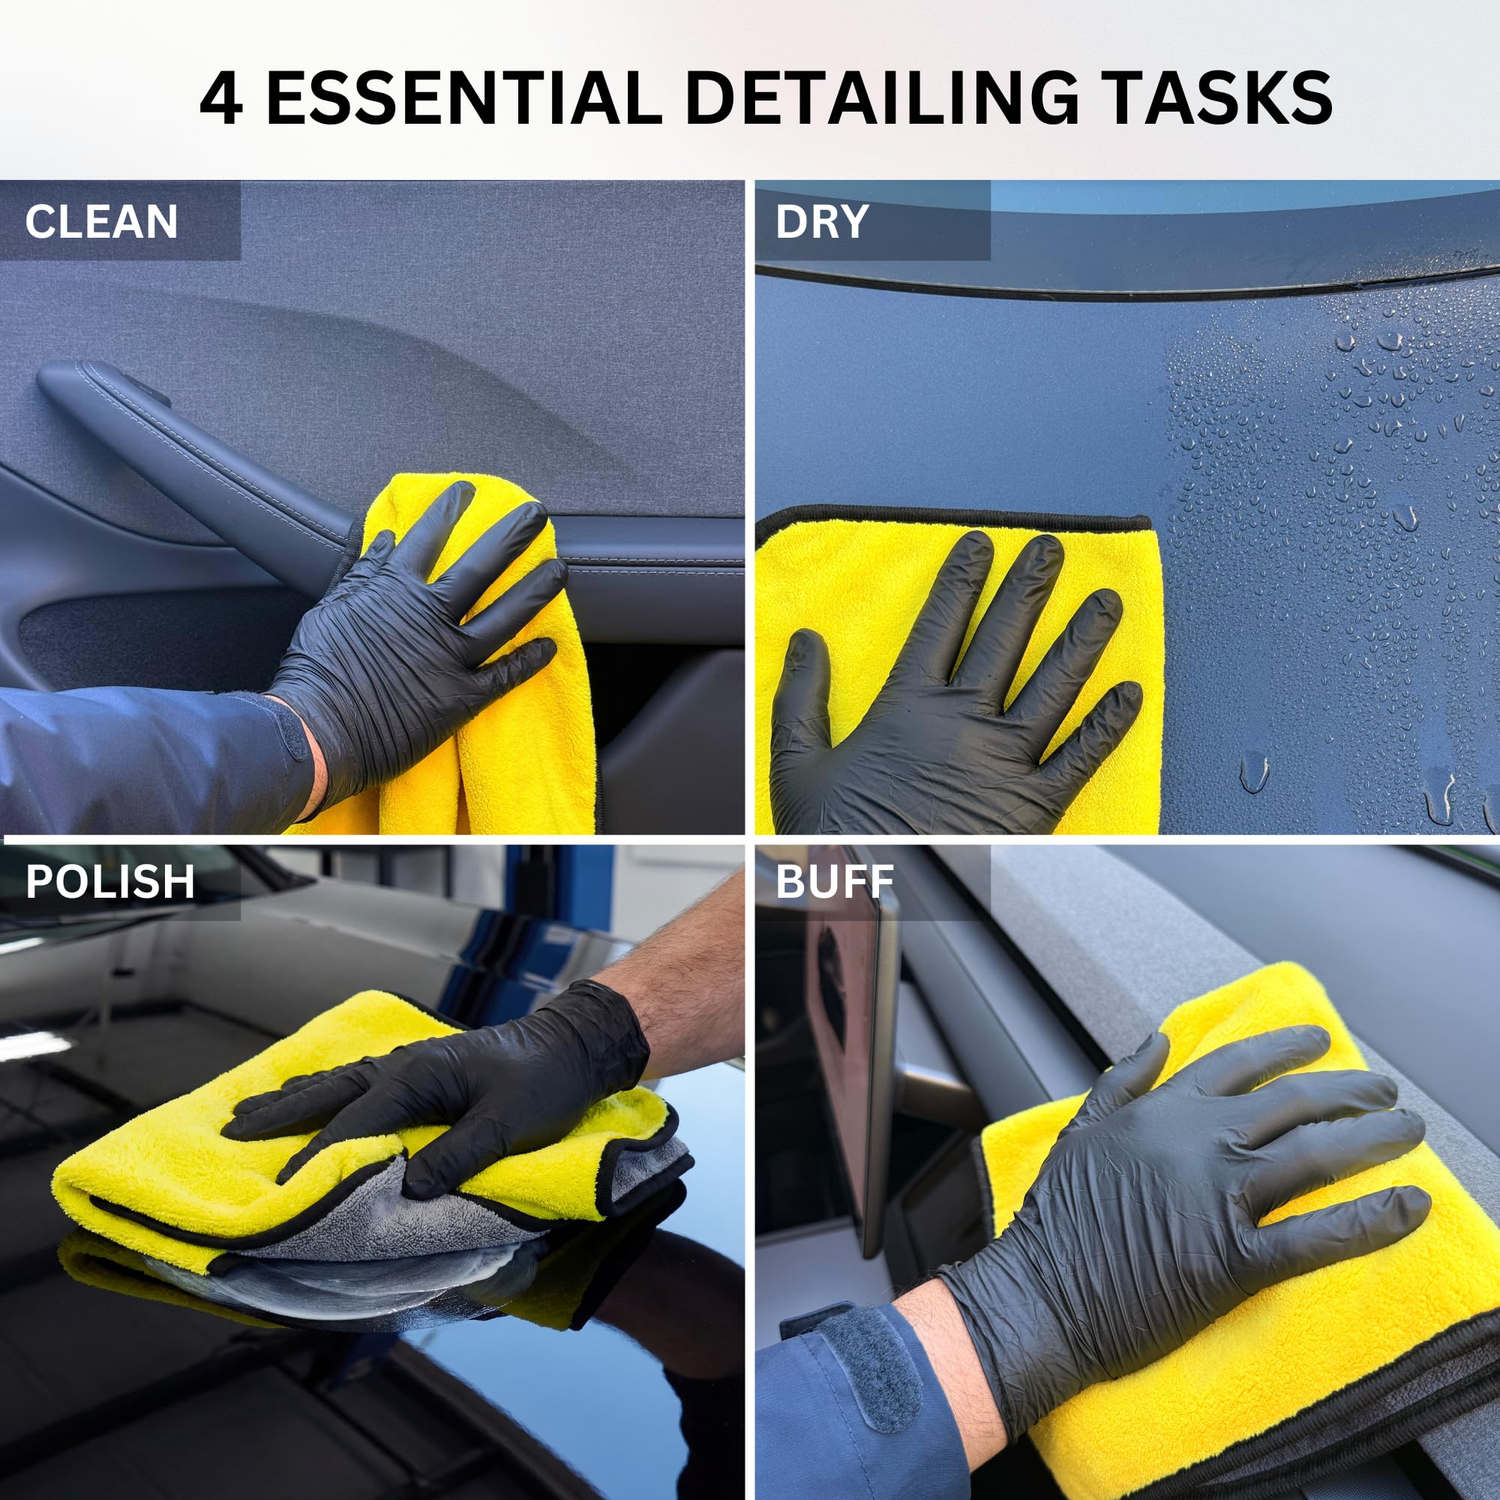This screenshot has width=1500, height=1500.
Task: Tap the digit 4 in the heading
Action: click(x=220, y=98)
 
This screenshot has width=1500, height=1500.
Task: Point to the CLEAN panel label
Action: click(x=101, y=221)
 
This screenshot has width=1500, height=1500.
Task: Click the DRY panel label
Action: click(x=821, y=221)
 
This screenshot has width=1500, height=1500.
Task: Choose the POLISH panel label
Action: click(x=109, y=882)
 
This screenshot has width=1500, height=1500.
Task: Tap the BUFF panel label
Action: click(x=834, y=882)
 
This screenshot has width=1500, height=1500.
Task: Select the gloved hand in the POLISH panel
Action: click(x=458, y=1087)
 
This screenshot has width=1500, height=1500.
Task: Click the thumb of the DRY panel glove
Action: click(x=803, y=683)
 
